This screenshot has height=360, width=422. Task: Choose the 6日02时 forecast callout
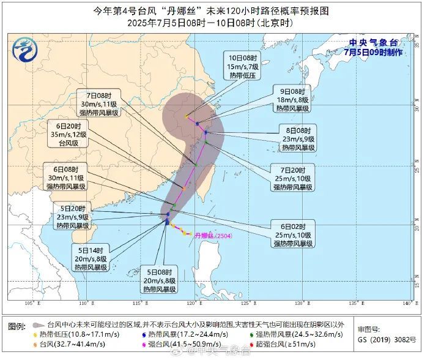pos(294,234)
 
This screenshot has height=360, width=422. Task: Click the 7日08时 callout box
pos(102,104)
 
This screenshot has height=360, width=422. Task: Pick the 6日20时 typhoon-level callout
pos(68,134)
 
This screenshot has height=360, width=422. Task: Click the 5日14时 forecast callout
pos(91,258)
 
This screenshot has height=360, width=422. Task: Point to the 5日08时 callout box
pos(160,280)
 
